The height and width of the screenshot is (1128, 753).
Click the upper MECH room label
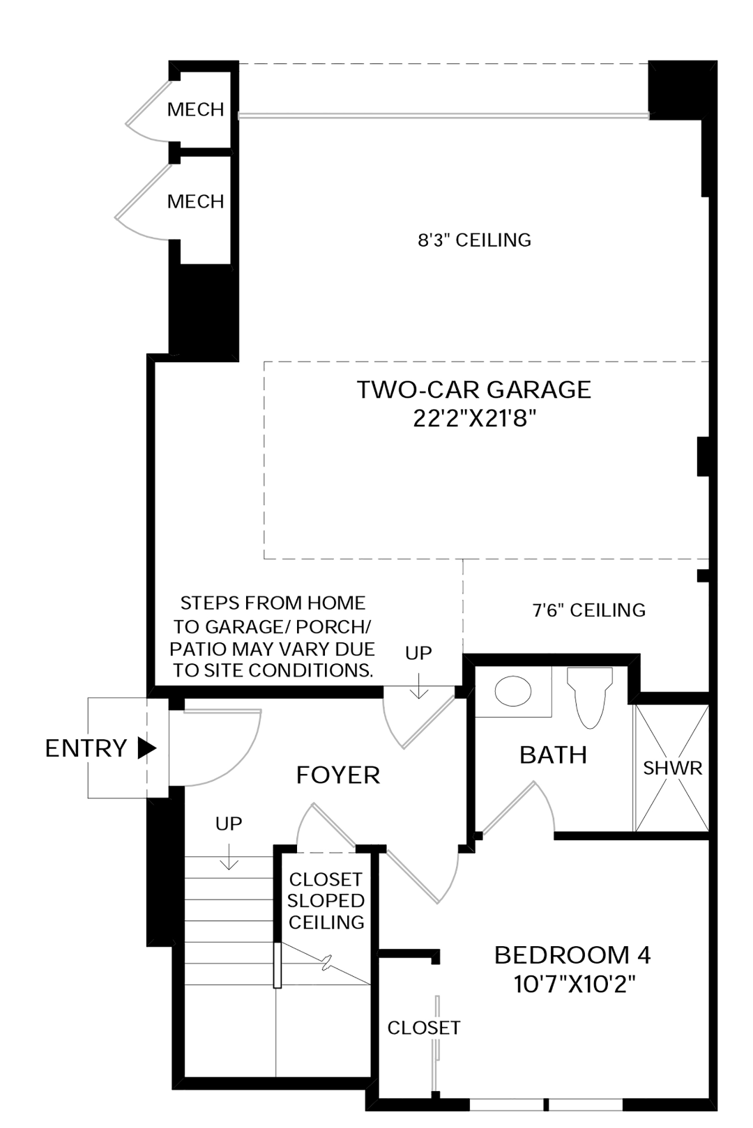pyautogui.click(x=195, y=109)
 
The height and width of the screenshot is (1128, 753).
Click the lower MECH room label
pyautogui.click(x=195, y=201)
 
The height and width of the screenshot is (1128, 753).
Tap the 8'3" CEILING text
pyautogui.click(x=474, y=240)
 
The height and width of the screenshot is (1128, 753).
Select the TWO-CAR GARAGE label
pyautogui.click(x=474, y=389)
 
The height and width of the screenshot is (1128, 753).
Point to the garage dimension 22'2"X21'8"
pyautogui.click(x=474, y=417)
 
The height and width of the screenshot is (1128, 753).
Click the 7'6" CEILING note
pyautogui.click(x=588, y=610)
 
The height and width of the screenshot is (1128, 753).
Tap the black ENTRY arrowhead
pyautogui.click(x=147, y=748)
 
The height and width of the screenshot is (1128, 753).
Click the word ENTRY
pyautogui.click(x=86, y=748)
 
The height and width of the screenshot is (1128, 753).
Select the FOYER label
pyautogui.click(x=337, y=775)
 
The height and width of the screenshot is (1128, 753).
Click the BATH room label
pyautogui.click(x=553, y=755)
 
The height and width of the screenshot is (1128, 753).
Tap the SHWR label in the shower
pyautogui.click(x=672, y=768)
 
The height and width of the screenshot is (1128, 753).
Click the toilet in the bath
pyautogui.click(x=589, y=697)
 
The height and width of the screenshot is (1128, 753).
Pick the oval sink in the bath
pyautogui.click(x=513, y=690)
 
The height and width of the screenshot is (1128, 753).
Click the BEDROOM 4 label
pyautogui.click(x=572, y=955)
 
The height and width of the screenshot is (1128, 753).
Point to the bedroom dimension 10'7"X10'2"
pyautogui.click(x=574, y=983)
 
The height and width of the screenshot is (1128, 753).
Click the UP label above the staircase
pyautogui.click(x=229, y=824)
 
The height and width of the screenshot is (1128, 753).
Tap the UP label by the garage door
pyautogui.click(x=418, y=653)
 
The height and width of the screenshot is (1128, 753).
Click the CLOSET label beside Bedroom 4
pyautogui.click(x=424, y=1028)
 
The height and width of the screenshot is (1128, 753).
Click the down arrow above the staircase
pyautogui.click(x=229, y=856)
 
